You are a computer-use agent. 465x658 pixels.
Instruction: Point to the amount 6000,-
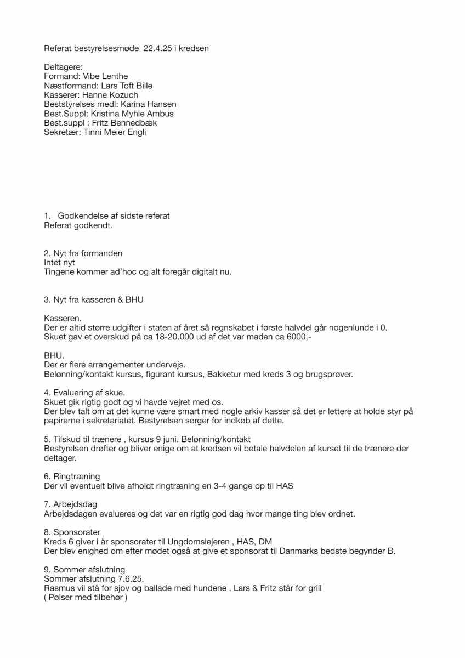(x=299, y=337)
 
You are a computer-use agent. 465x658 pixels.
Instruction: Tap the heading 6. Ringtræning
(x=72, y=477)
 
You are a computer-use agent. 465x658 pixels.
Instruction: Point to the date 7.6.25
(x=135, y=579)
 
